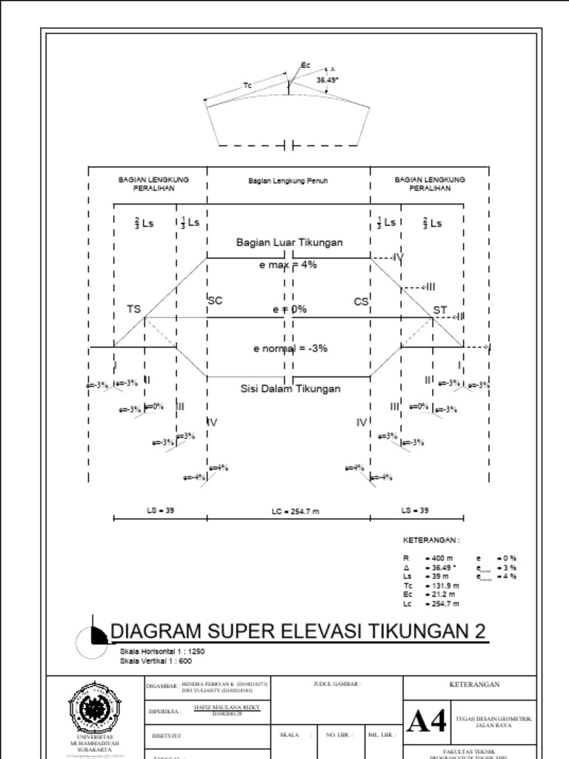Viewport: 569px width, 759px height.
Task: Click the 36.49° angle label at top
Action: pos(327,79)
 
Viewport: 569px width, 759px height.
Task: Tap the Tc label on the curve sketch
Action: pos(247,86)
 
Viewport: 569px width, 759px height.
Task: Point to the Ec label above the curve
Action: pos(306,65)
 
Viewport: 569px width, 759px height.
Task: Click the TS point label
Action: pos(133,309)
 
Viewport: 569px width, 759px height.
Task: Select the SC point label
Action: pos(215,301)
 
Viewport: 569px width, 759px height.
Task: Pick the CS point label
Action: pos(361,302)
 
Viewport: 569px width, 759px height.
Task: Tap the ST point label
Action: pos(439,309)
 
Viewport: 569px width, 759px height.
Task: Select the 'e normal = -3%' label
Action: pos(290,348)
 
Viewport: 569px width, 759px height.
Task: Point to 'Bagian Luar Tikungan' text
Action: pos(289,242)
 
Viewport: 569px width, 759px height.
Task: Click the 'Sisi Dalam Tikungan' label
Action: pos(290,388)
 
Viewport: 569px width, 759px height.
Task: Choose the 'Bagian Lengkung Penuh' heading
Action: pos(287,181)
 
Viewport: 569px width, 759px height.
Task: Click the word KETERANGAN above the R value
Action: pos(430,540)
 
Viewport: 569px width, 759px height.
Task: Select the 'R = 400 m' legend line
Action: pos(428,558)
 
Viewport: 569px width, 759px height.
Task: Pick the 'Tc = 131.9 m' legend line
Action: pos(430,586)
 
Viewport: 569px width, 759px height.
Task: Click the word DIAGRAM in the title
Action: pos(155,632)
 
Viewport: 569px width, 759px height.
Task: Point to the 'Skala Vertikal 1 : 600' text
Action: pos(156,660)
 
